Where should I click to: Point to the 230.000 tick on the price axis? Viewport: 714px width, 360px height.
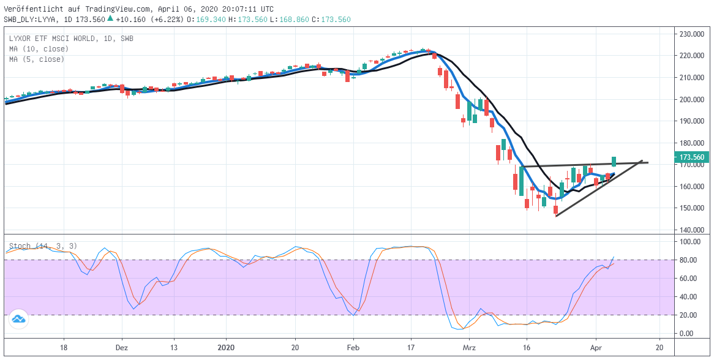point(691,34)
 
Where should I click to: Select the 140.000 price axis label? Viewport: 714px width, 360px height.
point(691,230)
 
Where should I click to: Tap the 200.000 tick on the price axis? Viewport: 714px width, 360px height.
point(691,100)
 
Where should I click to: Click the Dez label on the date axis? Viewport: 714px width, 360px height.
point(121,347)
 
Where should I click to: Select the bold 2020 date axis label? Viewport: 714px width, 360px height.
point(226,347)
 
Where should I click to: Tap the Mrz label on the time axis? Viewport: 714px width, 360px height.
point(469,347)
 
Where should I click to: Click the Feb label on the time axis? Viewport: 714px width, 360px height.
point(353,347)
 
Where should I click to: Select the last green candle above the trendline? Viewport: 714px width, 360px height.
point(614,162)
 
